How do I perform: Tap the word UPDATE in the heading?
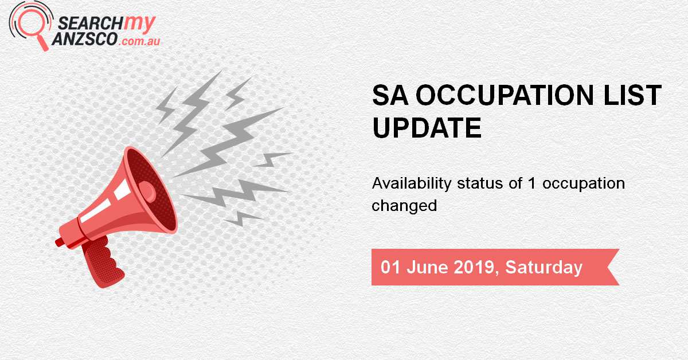pos(427,128)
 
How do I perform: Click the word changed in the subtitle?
pos(404,205)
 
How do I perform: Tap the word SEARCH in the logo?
pos(83,22)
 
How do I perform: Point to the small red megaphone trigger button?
pos(60,242)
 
